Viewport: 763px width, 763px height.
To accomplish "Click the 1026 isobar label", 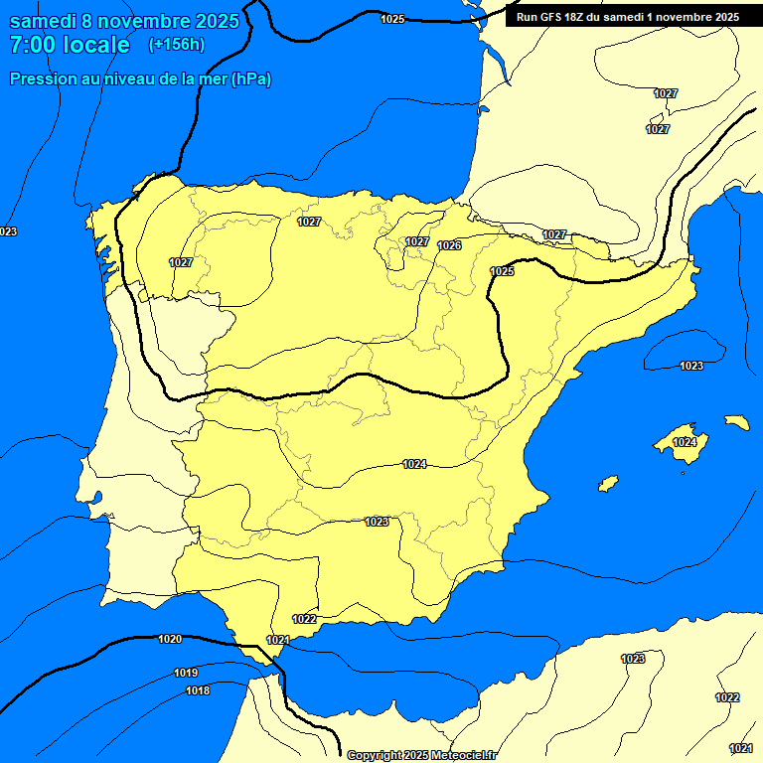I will click(449, 245).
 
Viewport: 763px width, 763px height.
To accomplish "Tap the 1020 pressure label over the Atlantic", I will click(170, 639).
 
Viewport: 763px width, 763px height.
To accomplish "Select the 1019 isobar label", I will click(186, 673).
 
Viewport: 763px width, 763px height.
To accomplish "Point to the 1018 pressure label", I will click(198, 690).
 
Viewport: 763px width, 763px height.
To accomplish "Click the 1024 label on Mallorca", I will click(685, 442).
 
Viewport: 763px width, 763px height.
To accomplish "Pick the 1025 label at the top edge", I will click(392, 19).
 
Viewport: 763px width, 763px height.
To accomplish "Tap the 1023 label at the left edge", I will click(8, 231).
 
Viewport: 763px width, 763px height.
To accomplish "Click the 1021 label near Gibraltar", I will click(278, 640).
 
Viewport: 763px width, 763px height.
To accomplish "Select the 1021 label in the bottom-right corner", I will click(740, 748).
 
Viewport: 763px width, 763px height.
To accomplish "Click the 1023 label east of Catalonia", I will click(691, 366).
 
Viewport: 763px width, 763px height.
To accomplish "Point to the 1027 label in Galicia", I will click(180, 262).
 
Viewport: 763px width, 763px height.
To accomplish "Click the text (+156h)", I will click(176, 45).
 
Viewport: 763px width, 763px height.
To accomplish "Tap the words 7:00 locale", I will click(70, 45).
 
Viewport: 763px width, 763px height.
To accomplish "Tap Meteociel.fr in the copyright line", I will click(463, 755).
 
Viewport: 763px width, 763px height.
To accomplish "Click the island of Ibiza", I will click(608, 483).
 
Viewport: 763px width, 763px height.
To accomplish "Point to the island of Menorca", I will click(737, 422).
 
